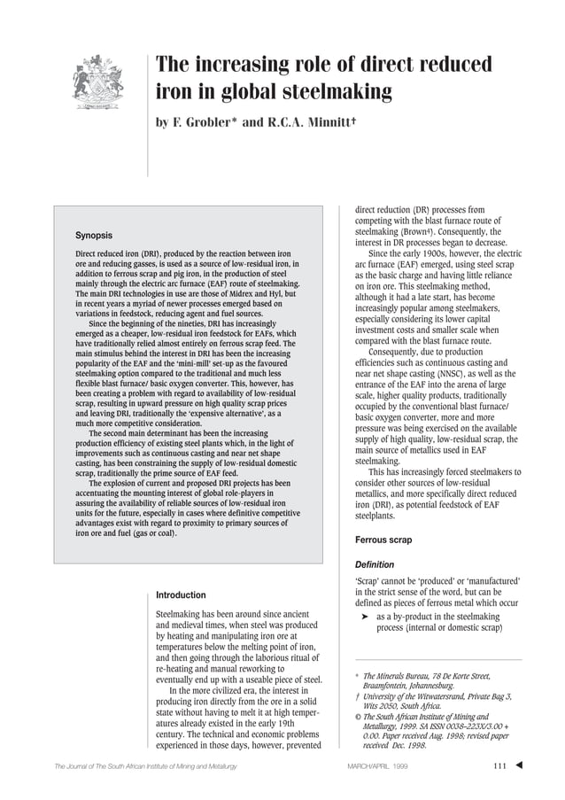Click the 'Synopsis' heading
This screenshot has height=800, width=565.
pos(93,236)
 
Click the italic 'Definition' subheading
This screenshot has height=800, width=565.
pos(374,564)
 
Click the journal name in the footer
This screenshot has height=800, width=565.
pos(143,765)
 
